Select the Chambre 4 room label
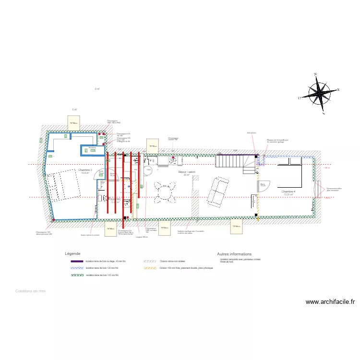288,192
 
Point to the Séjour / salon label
187,172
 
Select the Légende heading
72,253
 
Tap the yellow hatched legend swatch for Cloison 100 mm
150,268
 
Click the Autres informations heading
234,254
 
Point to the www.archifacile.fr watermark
330,302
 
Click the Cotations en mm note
30,291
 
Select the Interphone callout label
251,133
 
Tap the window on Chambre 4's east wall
318,189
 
